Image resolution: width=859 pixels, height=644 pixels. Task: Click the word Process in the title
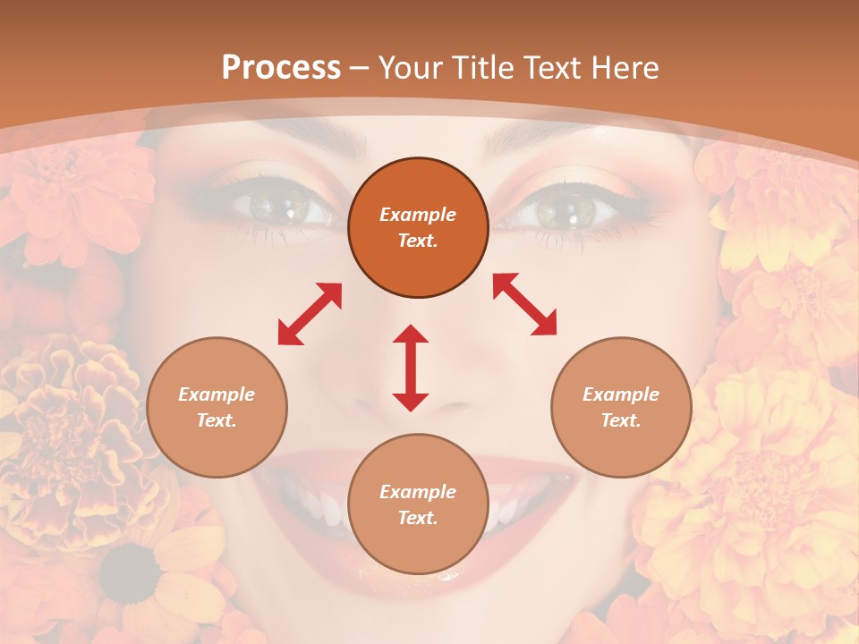[281, 68]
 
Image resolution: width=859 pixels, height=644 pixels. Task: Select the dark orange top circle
[418, 228]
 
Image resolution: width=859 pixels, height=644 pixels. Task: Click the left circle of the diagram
[217, 408]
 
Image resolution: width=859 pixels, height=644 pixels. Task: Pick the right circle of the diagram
[621, 408]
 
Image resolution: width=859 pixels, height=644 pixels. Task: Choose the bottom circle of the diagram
[418, 504]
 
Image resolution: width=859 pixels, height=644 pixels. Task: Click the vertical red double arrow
[411, 368]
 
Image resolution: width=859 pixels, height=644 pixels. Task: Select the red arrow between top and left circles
[310, 314]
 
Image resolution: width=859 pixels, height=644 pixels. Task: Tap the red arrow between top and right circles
[525, 305]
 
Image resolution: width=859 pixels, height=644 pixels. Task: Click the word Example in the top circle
[418, 215]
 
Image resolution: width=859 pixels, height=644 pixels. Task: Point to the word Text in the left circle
[217, 420]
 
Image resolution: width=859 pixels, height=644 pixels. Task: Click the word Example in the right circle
[621, 394]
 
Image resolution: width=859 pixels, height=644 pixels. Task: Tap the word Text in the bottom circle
[418, 518]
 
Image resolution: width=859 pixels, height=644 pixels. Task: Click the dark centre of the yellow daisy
[131, 572]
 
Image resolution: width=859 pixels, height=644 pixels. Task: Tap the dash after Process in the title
[360, 68]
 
